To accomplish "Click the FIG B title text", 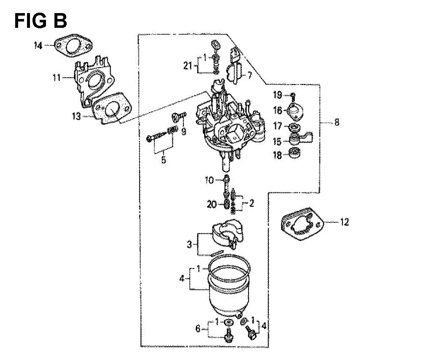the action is (x=41, y=21).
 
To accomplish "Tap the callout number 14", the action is (x=38, y=46).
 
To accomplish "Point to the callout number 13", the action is (x=76, y=116).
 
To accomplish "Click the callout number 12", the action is (x=344, y=222).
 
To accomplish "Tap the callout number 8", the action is (x=337, y=122).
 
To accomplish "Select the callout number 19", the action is (x=278, y=95).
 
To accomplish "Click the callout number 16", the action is (x=278, y=110).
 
